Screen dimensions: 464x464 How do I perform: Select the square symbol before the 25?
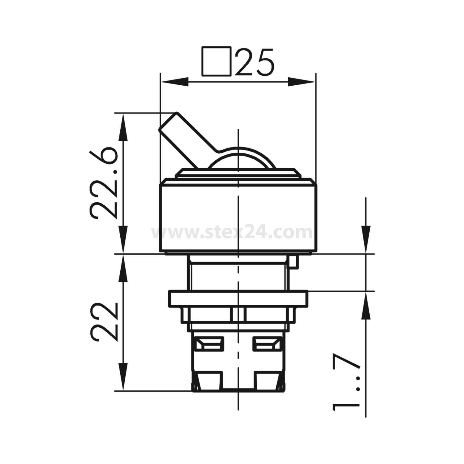coord(216,61)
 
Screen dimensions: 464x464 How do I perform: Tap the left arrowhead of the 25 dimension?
coord(175,82)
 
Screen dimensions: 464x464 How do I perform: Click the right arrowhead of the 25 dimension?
coord(302,82)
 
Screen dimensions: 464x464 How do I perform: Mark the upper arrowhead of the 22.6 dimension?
coord(123,127)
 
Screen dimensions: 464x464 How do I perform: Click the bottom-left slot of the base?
coord(210,380)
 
